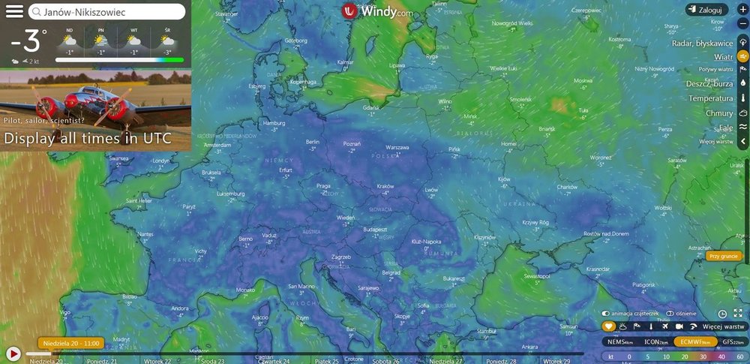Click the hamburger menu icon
click(x=14, y=12)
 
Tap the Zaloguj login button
click(x=706, y=10)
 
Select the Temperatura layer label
click(x=710, y=98)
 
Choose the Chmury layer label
click(x=719, y=113)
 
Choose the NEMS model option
click(x=619, y=341)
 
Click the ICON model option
click(x=655, y=341)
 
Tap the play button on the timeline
click(x=13, y=353)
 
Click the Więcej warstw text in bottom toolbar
click(x=724, y=326)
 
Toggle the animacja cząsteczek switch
click(x=605, y=313)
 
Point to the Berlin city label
click(x=313, y=141)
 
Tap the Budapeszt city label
click(x=374, y=227)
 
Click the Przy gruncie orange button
click(x=723, y=256)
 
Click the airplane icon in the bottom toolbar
click(x=664, y=326)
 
